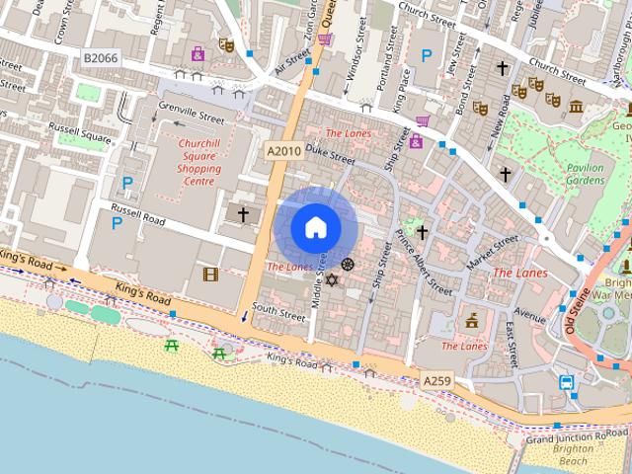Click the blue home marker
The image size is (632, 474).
(x=316, y=227)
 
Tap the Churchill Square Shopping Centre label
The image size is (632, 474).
(x=198, y=162)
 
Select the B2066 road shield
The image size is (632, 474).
(x=100, y=59)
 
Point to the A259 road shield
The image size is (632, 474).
(x=437, y=380)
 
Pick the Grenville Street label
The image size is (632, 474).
(x=191, y=116)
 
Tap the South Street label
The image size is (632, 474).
(x=278, y=313)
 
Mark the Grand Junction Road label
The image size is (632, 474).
(x=578, y=435)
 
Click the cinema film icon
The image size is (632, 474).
(x=209, y=274)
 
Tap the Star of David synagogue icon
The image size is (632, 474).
(x=331, y=280)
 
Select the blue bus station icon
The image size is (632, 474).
(x=568, y=382)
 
